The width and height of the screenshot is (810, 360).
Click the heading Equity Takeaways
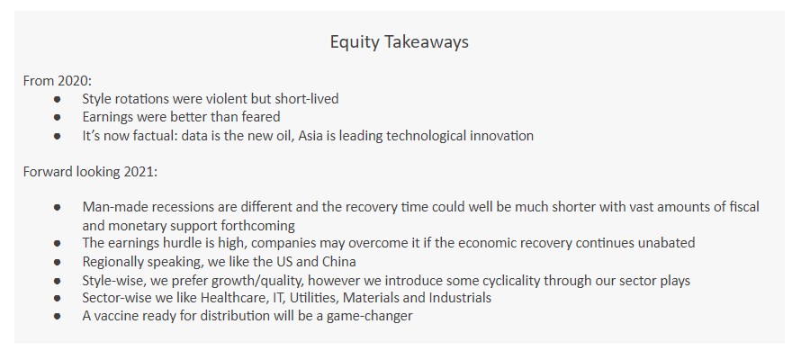(x=400, y=42)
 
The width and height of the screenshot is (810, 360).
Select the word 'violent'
(x=227, y=98)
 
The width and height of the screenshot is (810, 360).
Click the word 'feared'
(x=263, y=117)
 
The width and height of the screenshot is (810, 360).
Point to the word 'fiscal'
(x=744, y=207)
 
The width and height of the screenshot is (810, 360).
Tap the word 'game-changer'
(x=369, y=316)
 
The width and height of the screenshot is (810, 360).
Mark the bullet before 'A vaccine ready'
(x=57, y=316)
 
